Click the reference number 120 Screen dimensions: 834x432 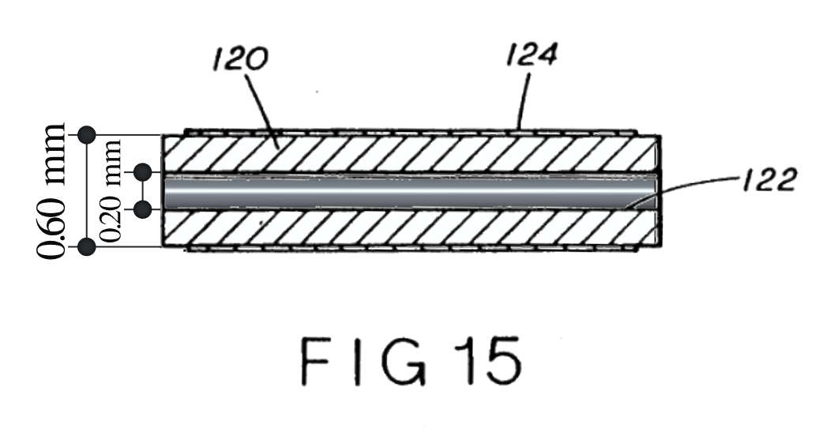tap(240, 58)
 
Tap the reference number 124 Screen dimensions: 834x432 tap(531, 54)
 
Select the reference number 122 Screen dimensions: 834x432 tap(770, 179)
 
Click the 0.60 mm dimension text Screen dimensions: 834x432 tap(51, 191)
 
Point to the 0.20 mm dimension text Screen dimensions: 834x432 tap(111, 190)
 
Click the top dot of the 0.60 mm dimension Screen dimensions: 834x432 tap(87, 135)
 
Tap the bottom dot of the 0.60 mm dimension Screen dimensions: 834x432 tap(87, 247)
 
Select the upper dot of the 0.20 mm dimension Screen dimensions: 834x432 tap(142, 172)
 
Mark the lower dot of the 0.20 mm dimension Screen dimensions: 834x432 tap(142, 209)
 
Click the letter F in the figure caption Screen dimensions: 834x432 tap(314, 362)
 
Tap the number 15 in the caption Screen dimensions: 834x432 tap(488, 362)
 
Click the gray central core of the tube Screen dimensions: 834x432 tap(411, 192)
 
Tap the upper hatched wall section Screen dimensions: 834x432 tap(411, 154)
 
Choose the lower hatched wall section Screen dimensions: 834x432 tap(411, 228)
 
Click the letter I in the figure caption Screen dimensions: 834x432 tap(355, 362)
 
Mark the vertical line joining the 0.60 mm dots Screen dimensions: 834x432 tap(87, 191)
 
